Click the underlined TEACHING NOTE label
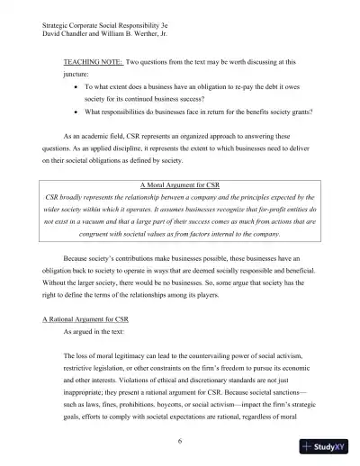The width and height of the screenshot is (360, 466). (x=93, y=63)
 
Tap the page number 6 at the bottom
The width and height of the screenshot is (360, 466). (x=180, y=440)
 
